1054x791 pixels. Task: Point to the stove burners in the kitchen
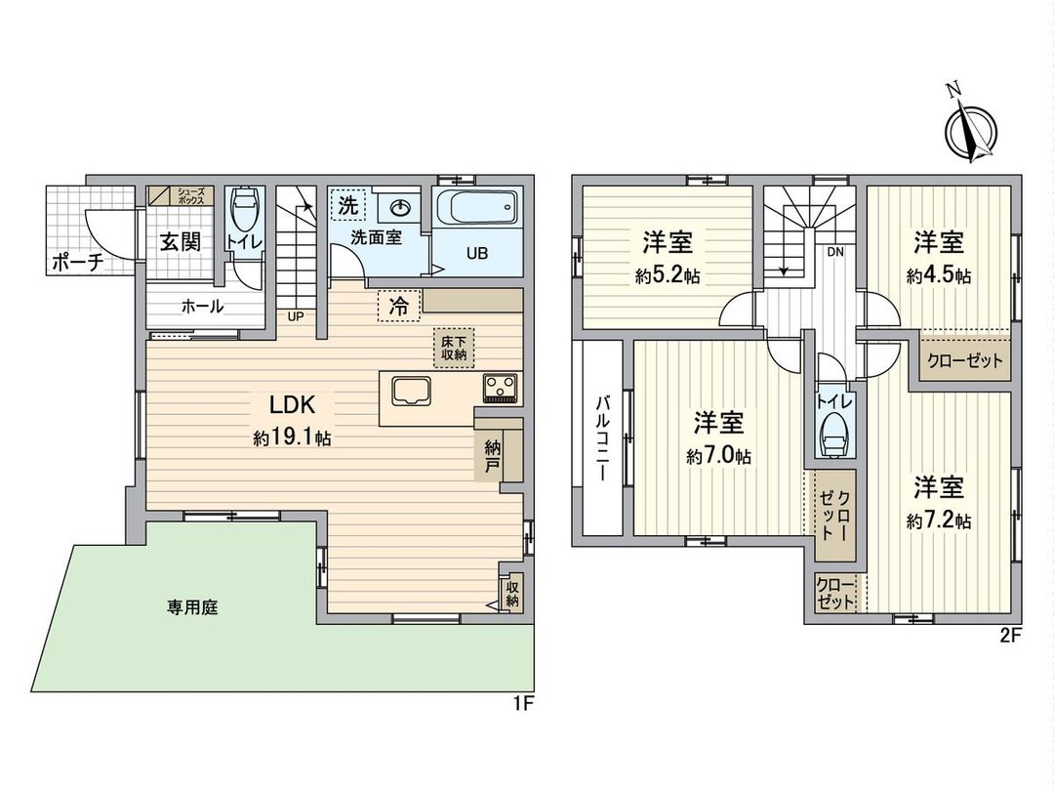tap(502, 388)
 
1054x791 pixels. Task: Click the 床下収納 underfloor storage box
tap(454, 347)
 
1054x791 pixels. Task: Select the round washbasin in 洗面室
tap(401, 208)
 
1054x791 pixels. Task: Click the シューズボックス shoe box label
tap(189, 195)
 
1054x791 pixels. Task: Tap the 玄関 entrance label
tap(180, 240)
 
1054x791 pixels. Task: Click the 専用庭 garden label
tap(190, 606)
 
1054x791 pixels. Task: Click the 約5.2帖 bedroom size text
tap(668, 276)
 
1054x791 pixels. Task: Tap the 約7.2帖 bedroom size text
tap(938, 521)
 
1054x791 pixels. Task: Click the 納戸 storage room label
tap(493, 456)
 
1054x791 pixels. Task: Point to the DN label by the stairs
tap(835, 251)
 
